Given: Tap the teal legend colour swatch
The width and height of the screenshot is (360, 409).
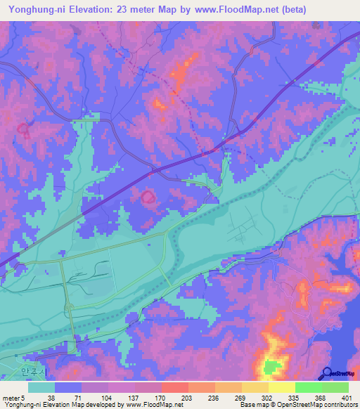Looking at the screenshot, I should [x=41, y=387].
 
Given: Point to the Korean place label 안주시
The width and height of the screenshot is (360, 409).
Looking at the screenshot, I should [x=32, y=372].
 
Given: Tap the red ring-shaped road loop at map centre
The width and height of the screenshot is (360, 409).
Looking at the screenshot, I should [x=148, y=197].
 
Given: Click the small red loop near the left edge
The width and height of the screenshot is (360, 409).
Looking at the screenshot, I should [x=23, y=129].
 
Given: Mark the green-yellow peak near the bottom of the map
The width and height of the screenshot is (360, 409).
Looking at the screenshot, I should [x=271, y=366].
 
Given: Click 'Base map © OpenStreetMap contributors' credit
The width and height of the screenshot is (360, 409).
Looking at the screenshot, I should [x=296, y=405].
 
